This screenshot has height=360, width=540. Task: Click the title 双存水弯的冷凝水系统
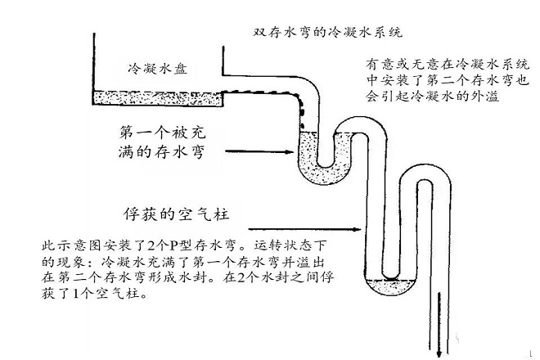327,32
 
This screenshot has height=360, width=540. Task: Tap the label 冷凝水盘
158,69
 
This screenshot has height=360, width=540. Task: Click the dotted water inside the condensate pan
158,98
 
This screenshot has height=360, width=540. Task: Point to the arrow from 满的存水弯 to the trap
259,151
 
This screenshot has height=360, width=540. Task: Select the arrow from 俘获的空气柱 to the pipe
304,229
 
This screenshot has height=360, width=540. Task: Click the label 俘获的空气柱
176,214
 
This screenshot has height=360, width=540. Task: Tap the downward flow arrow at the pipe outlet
439,325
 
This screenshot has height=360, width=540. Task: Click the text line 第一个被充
162,133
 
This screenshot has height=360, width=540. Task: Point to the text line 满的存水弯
161,151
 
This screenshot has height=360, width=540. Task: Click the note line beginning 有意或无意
447,65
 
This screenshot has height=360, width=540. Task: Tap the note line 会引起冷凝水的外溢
433,96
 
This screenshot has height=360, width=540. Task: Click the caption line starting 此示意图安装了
183,245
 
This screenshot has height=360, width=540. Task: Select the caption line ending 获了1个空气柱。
94,294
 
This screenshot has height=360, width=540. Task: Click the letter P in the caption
173,245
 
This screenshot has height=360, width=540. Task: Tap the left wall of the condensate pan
93,69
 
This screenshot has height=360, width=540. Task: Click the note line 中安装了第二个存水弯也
447,80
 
